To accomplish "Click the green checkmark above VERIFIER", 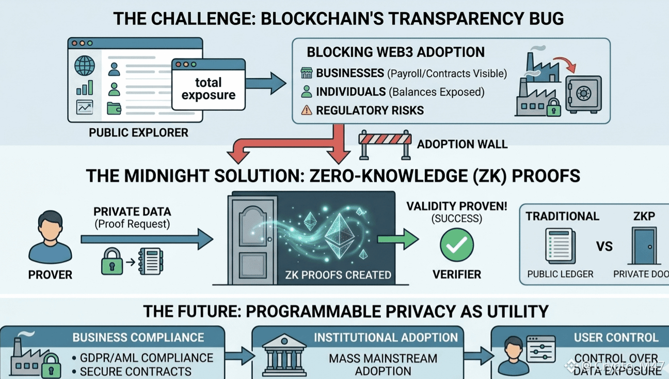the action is pyautogui.click(x=457, y=246).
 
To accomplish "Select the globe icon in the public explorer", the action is pyautogui.click(x=85, y=66).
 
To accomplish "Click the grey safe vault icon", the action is pyautogui.click(x=583, y=94).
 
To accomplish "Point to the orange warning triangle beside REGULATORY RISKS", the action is pyautogui.click(x=307, y=110).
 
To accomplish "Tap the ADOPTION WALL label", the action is pyautogui.click(x=462, y=144).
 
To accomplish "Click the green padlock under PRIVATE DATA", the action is pyautogui.click(x=112, y=262).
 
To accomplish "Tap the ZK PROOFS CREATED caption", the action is pyautogui.click(x=338, y=275).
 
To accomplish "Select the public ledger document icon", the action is pyautogui.click(x=560, y=246).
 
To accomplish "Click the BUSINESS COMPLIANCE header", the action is pyautogui.click(x=138, y=338).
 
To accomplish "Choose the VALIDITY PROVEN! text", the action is pyautogui.click(x=456, y=206).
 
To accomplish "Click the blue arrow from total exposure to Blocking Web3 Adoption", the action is pyautogui.click(x=265, y=84).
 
